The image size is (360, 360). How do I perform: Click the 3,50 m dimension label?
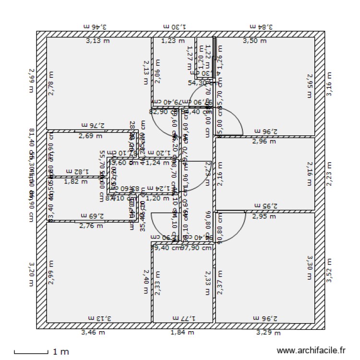pyautogui.click(x=254, y=42)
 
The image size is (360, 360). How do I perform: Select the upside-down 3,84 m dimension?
pyautogui.click(x=262, y=27)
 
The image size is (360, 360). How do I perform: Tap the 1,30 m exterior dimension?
pyautogui.click(x=174, y=27)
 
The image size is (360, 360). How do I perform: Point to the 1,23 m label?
pyautogui.click(x=173, y=41)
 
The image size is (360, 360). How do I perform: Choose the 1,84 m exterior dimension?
pyautogui.click(x=182, y=332)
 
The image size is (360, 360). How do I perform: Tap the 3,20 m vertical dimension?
pyautogui.click(x=32, y=274)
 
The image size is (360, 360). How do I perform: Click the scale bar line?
pyautogui.click(x=31, y=353)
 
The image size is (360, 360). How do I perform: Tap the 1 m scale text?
pyautogui.click(x=60, y=352)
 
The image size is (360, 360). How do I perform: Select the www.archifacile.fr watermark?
pyautogui.click(x=311, y=351)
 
